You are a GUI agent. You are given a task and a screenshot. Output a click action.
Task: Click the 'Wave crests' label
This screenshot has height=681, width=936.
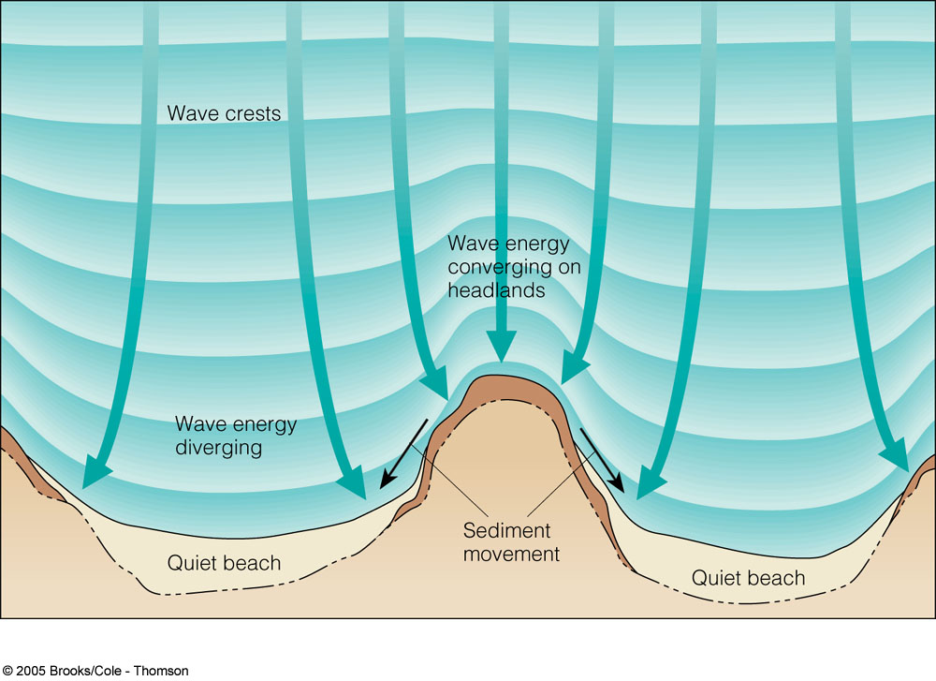pos(224,114)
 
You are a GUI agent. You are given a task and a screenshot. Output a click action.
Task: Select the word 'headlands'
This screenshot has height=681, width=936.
pos(495,290)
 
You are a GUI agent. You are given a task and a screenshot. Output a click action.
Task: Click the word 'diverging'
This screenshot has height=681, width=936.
pos(219,447)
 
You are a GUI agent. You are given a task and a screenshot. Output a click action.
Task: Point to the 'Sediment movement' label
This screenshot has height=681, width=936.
pos(511,542)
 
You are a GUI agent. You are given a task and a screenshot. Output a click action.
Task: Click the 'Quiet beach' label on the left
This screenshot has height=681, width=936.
pos(224,563)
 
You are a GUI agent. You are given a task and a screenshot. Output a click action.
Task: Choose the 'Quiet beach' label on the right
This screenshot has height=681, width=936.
pos(748,578)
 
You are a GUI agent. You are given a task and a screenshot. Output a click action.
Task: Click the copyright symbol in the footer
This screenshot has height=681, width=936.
pos(7,671)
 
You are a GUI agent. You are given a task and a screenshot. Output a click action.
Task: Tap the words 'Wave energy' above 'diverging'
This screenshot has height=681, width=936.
pos(236,424)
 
